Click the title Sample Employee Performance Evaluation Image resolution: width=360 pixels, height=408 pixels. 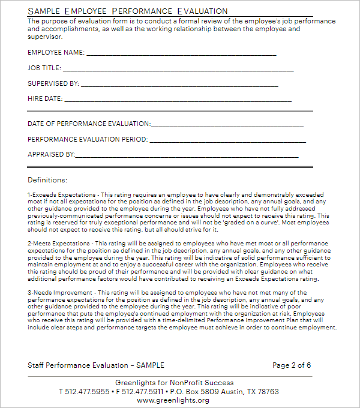(128, 11)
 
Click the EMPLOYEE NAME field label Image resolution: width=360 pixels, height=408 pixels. (56, 53)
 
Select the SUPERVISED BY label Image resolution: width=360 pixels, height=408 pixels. (53, 84)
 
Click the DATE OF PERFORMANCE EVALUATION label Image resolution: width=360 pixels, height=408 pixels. (89, 124)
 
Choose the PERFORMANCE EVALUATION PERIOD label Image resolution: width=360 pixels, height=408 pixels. (88, 139)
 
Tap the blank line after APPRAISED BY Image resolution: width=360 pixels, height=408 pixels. (187, 155)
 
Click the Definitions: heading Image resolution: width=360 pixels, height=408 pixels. (47, 179)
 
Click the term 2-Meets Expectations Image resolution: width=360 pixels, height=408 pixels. (59, 242)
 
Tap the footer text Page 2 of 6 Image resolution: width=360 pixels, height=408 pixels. (292, 365)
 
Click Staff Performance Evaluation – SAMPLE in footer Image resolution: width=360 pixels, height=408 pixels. (96, 365)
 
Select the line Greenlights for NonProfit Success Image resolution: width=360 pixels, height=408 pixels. (174, 383)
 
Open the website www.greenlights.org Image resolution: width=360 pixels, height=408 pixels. (173, 400)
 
